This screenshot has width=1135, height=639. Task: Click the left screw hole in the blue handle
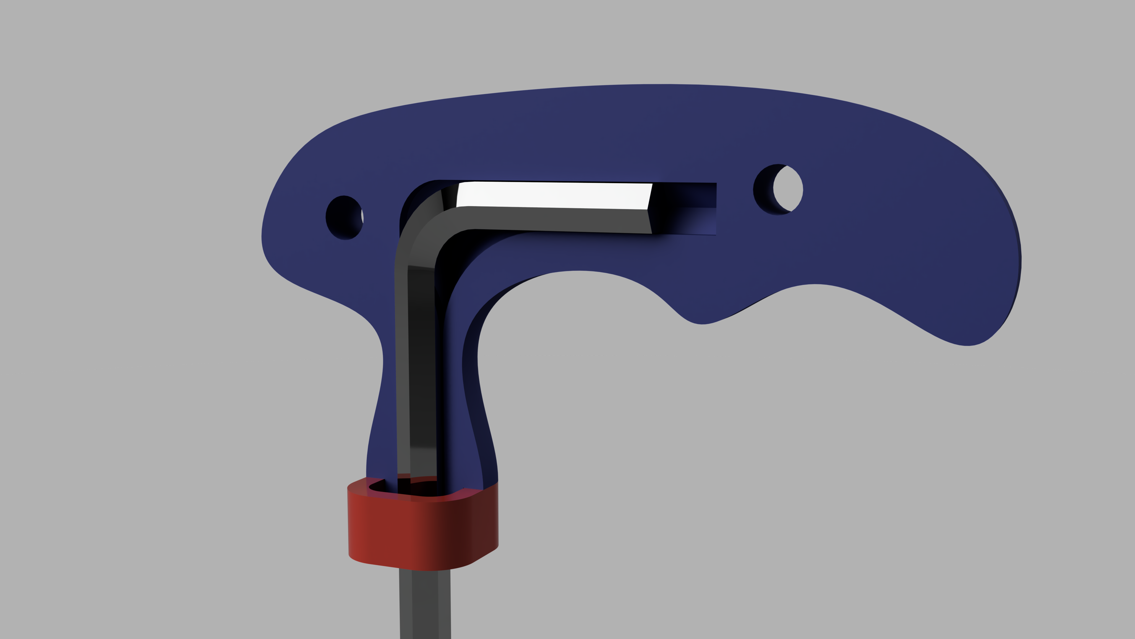point(344,217)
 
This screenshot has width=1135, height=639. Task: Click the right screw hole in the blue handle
point(777,190)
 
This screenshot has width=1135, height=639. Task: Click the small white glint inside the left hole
point(362,216)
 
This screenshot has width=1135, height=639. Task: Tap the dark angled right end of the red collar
point(485,525)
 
